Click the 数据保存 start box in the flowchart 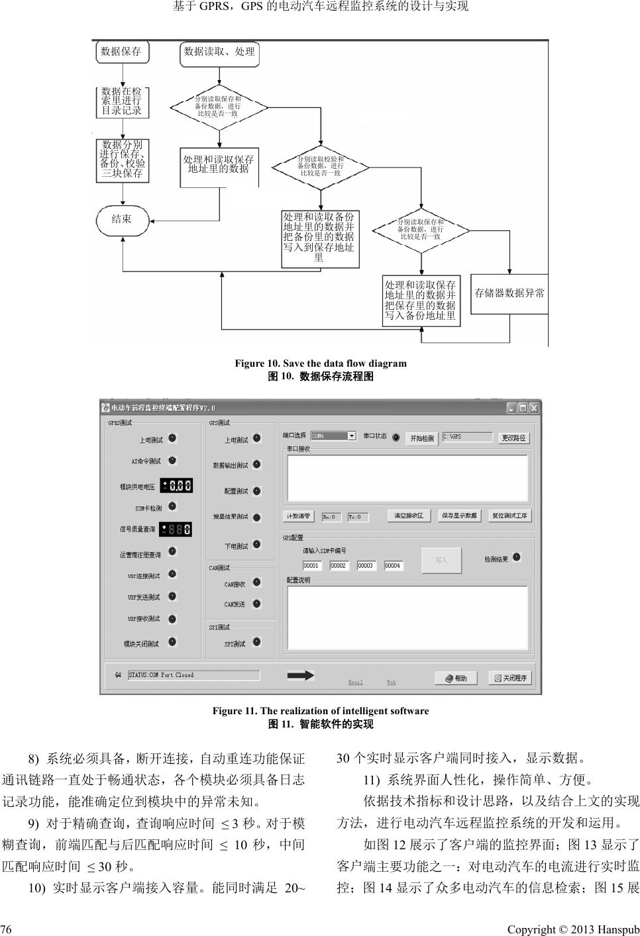[121, 52]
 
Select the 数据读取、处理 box [219, 52]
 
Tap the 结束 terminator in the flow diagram [122, 219]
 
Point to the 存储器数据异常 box [509, 293]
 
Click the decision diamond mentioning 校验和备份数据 [321, 166]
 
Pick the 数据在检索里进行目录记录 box [122, 101]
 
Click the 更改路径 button [513, 438]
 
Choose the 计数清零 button [299, 516]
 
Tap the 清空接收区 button [409, 516]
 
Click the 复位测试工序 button [509, 516]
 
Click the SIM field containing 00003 [366, 565]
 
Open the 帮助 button [456, 678]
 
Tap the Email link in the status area [356, 682]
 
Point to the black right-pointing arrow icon [300, 675]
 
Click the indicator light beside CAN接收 [257, 583]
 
